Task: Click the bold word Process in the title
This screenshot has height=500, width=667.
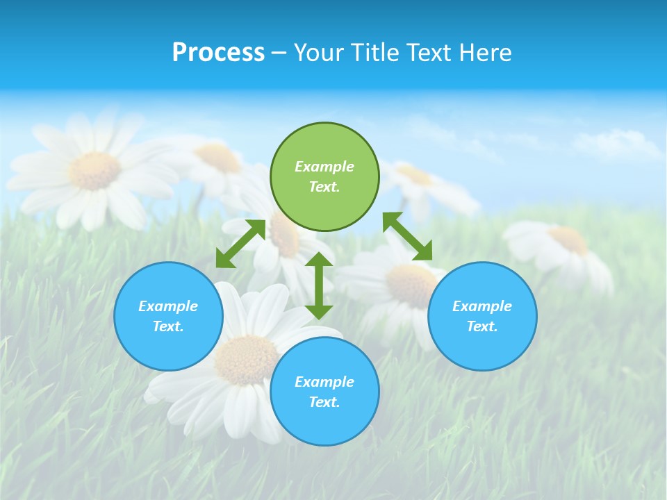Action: (218, 53)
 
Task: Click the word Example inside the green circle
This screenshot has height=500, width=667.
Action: (324, 167)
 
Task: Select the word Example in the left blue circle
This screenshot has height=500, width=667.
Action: (168, 306)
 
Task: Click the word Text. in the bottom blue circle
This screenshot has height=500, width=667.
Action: (324, 402)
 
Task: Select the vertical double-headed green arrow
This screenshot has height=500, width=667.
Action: (319, 285)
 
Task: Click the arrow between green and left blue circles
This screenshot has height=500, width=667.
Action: (240, 244)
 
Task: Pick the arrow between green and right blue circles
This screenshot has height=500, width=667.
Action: (408, 237)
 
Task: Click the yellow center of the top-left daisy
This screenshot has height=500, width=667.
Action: (95, 170)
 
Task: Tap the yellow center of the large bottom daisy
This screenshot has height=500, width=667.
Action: (246, 360)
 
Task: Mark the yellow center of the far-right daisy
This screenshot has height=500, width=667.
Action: (569, 240)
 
